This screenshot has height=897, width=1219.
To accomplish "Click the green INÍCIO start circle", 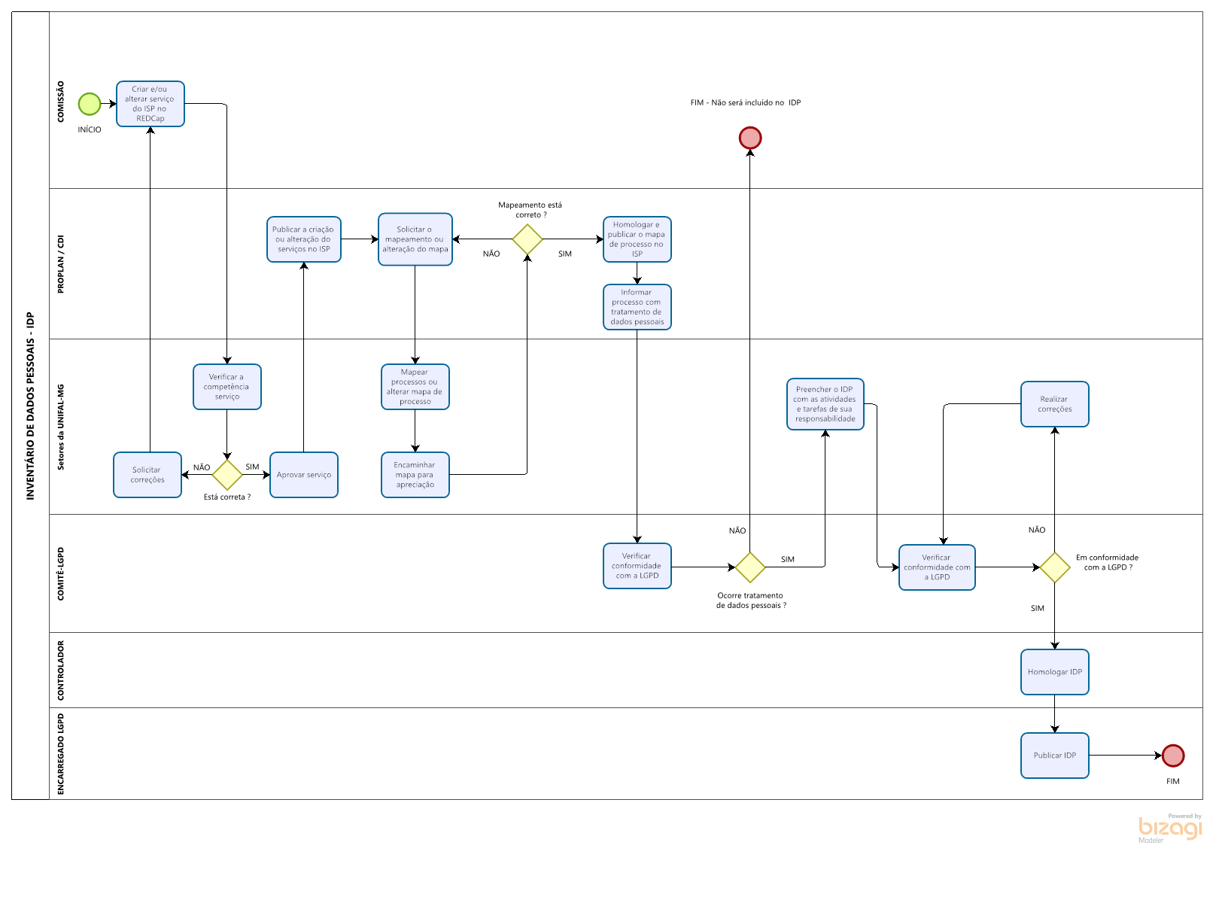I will pos(90,104).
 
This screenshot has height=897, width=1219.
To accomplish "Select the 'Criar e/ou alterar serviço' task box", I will pos(150,104).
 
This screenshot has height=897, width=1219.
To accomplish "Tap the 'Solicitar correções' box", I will pos(147,475).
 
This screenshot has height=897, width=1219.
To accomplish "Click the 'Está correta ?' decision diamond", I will pos(227,475).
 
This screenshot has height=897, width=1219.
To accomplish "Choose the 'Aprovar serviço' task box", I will pos(304,475).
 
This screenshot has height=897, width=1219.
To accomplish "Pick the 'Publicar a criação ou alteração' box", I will pos(304,239).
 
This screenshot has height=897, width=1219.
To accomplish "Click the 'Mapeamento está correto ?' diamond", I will pos(527,239).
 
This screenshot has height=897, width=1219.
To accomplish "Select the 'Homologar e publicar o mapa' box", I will pos(637,239).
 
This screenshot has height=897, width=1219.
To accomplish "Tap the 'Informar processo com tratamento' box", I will pos(637,307).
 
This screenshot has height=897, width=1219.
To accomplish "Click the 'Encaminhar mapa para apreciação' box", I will pos(415,475).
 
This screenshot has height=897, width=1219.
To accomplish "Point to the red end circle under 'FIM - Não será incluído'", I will pos(750,138).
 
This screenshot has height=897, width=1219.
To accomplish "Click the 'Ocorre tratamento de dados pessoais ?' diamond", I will pos(750,567).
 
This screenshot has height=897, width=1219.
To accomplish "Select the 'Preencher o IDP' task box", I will pos(825,404).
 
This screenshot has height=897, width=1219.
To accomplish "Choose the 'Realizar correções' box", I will pos(1055,404).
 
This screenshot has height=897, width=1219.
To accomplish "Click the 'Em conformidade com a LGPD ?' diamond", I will pos(1055,567).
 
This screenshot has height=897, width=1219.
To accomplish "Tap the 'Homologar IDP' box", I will pos(1055,672).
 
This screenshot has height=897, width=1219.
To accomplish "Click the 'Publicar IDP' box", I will pos(1055,756).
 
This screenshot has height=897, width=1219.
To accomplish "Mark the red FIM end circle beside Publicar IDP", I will pos(1173,756).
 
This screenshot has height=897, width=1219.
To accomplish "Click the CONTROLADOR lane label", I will pos(61,670).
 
